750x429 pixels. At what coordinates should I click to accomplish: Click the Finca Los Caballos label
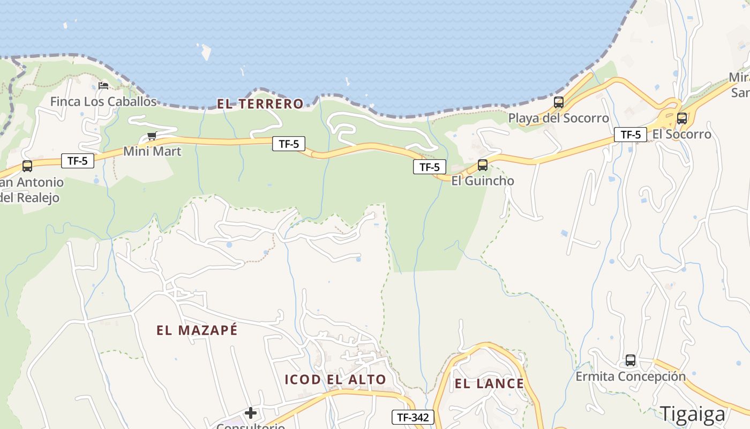pos(103,101)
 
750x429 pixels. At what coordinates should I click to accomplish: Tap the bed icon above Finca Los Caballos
pos(103,86)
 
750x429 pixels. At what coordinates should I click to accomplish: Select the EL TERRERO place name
pos(260,104)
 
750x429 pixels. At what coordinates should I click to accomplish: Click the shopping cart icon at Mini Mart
pos(152,136)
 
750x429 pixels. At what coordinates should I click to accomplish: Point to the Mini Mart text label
pos(152,151)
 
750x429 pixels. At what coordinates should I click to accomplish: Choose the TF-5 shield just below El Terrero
pos(289,144)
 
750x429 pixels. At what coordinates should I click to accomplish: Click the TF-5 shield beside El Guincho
pos(430,167)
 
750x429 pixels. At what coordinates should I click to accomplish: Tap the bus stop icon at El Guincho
pos(483,165)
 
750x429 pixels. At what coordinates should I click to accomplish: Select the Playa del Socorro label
pos(558,118)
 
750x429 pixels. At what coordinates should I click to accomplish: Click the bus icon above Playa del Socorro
pos(559,102)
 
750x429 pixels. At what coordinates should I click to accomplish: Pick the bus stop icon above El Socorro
pos(682,119)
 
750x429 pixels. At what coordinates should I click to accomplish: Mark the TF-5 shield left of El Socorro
pos(630,135)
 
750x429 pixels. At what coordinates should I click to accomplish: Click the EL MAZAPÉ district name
pos(197,330)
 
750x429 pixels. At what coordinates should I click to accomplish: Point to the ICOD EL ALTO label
pos(335,380)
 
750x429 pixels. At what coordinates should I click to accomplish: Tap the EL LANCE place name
pos(489,383)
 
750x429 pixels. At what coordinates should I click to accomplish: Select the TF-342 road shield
pos(412,417)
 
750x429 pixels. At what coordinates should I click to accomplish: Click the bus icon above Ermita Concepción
pos(631,360)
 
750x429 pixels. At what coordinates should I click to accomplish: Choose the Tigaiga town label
pos(692,414)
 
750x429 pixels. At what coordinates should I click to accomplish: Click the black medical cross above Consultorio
pos(250,413)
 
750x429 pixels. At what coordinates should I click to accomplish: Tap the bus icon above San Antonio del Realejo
pos(27,166)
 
